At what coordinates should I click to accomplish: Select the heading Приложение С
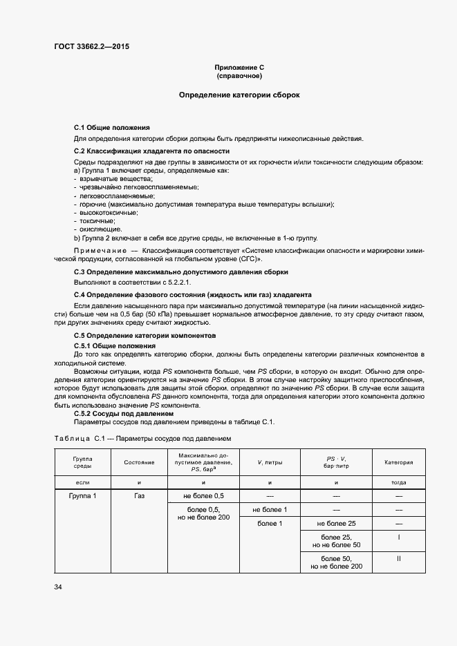tap(239, 68)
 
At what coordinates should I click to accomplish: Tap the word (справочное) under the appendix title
tap(239, 76)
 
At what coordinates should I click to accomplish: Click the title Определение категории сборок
tap(239, 94)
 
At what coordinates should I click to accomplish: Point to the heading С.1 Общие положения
tap(111, 128)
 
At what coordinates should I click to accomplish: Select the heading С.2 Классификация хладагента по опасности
tap(151, 151)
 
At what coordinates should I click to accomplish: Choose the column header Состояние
tap(139, 462)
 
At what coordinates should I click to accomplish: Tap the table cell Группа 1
tap(83, 496)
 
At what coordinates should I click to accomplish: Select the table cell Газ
tap(139, 496)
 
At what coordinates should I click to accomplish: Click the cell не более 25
tap(336, 523)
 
